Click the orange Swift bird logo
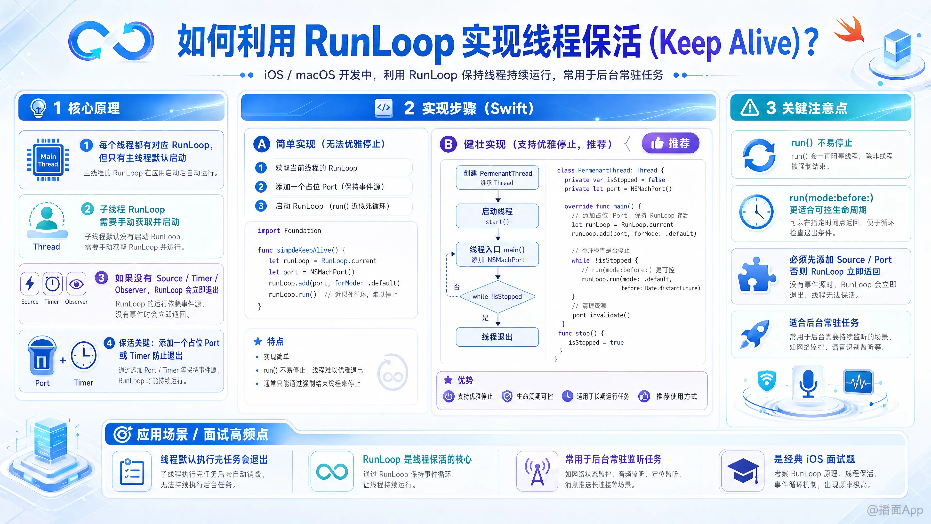pos(849,30)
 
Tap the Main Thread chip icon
pos(48,160)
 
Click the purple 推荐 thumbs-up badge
pos(670,143)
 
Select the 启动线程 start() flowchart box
pos(497,216)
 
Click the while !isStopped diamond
pos(497,296)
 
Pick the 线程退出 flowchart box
pos(497,337)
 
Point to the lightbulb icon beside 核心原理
pos(38,108)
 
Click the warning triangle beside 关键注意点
pos(750,108)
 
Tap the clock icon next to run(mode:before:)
pos(756,212)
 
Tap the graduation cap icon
pos(743,471)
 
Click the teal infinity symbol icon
pos(332,472)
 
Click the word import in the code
pos(269,231)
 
